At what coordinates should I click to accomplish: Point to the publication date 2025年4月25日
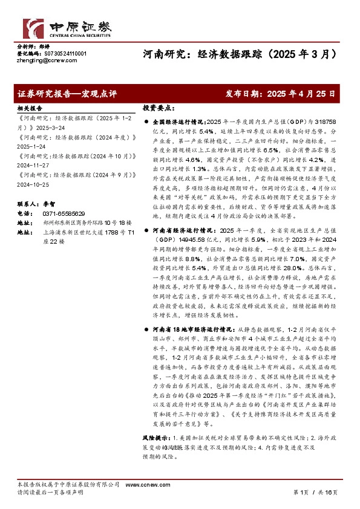[296, 94]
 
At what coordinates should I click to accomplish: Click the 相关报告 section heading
[28, 107]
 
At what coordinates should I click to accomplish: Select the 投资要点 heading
[158, 107]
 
